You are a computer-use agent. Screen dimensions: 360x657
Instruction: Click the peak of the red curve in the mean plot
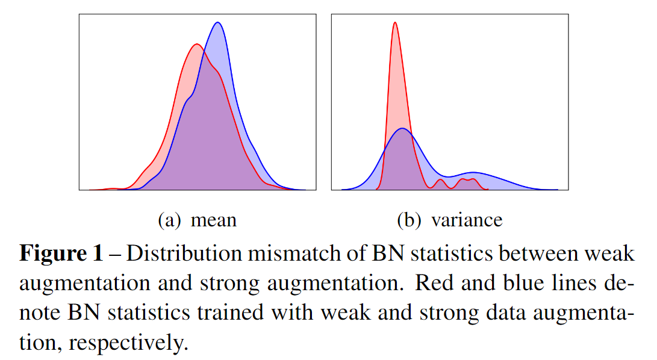pos(196,45)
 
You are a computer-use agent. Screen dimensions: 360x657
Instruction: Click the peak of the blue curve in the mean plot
pos(218,23)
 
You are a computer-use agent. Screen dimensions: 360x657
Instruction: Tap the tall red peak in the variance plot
pos(394,23)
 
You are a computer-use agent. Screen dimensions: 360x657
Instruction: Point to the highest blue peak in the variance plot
pos(402,129)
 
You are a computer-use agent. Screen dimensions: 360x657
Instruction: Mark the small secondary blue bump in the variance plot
pos(475,173)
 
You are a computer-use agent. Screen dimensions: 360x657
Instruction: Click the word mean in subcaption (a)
pos(213,220)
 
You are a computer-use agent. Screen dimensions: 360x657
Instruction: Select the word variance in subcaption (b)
pos(467,220)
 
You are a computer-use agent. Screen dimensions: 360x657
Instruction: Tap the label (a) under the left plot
pos(169,220)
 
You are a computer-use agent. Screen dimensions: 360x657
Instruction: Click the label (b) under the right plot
pos(409,220)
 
